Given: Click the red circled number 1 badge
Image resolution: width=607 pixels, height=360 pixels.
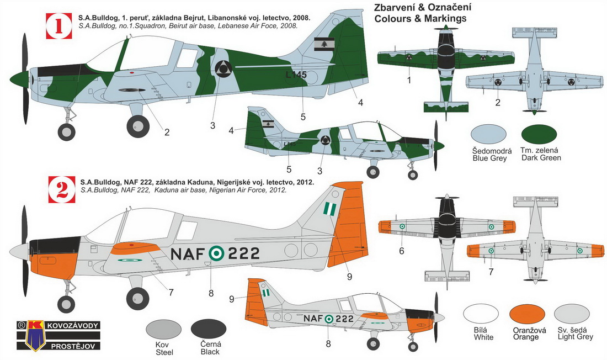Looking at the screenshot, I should (56, 25).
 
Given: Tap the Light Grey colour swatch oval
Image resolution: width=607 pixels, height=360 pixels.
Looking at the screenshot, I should (574, 316).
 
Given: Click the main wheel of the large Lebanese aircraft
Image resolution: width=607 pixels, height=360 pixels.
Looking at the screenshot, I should (137, 126).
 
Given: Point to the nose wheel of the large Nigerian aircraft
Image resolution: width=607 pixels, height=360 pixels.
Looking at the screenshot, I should (66, 303).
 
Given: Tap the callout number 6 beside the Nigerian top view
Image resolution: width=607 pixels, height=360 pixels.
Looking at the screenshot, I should (402, 251).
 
